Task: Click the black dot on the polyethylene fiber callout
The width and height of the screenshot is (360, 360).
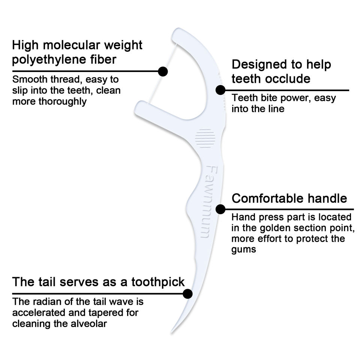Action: click(x=163, y=71)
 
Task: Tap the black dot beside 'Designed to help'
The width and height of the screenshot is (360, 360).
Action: click(x=220, y=90)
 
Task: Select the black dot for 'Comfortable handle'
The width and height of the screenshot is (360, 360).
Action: click(x=220, y=209)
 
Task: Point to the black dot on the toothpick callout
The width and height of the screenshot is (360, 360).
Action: click(x=187, y=294)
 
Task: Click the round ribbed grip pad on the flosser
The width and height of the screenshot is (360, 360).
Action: click(x=205, y=138)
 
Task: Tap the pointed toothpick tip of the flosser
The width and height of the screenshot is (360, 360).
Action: click(x=172, y=331)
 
